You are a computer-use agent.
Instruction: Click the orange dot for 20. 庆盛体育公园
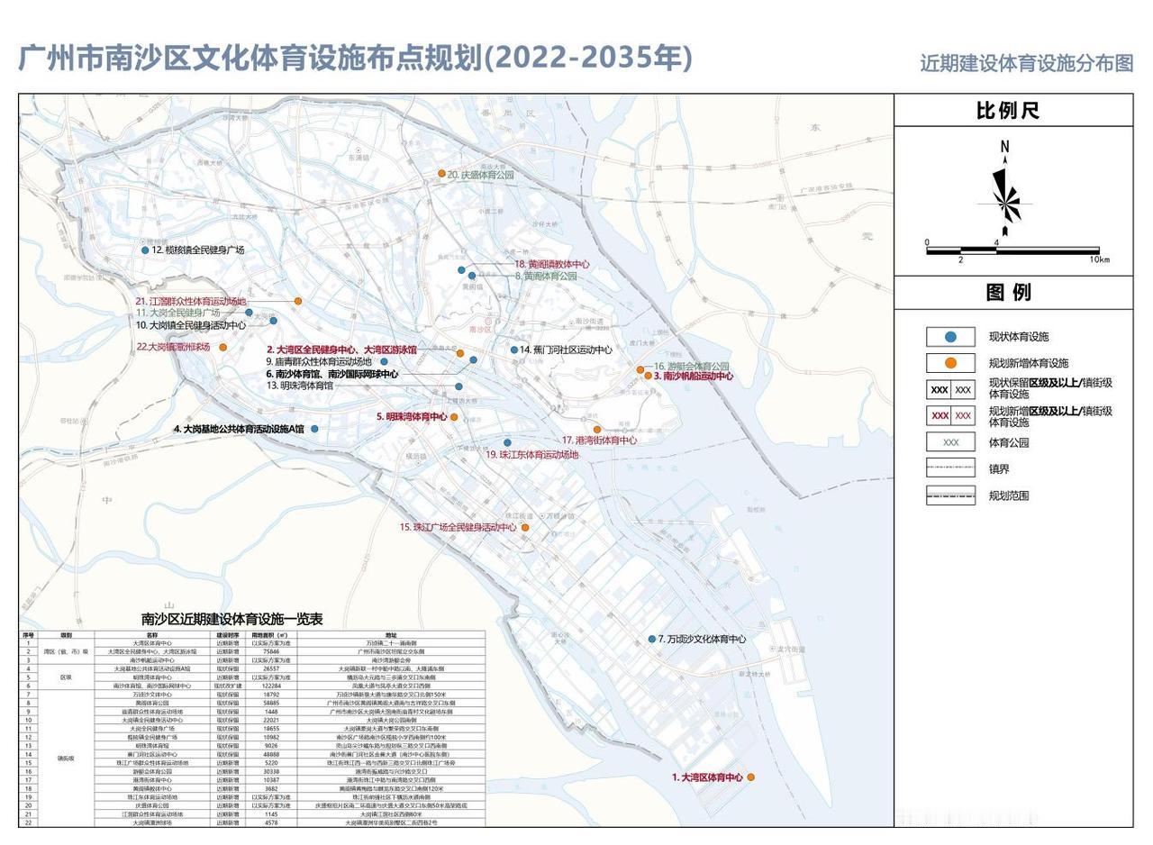[x=441, y=173]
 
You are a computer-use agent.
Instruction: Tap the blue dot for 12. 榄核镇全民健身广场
[x=145, y=250]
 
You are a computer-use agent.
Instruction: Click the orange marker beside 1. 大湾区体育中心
[x=750, y=777]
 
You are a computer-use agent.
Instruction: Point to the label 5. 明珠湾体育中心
[x=412, y=417]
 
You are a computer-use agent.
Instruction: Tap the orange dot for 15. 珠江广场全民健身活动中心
[x=525, y=528]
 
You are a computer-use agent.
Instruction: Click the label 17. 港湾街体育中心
[x=599, y=441]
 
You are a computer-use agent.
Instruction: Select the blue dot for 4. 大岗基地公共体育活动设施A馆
[x=314, y=429]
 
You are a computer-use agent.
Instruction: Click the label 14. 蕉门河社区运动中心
[x=566, y=350]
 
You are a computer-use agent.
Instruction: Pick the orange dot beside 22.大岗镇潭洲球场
[x=223, y=347]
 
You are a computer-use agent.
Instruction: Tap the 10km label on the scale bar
[x=1099, y=259]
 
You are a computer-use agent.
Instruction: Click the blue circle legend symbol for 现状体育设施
[x=950, y=337]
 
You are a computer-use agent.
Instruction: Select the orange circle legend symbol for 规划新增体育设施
[x=950, y=363]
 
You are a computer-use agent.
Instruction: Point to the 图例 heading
[x=1008, y=292]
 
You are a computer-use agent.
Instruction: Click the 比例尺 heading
[x=1008, y=111]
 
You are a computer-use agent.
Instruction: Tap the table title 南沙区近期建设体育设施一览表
[x=232, y=620]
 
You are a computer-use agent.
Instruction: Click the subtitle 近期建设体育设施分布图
[x=1026, y=63]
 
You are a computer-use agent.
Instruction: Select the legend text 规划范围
[x=1008, y=495]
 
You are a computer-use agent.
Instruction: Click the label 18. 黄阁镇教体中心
[x=551, y=264]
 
